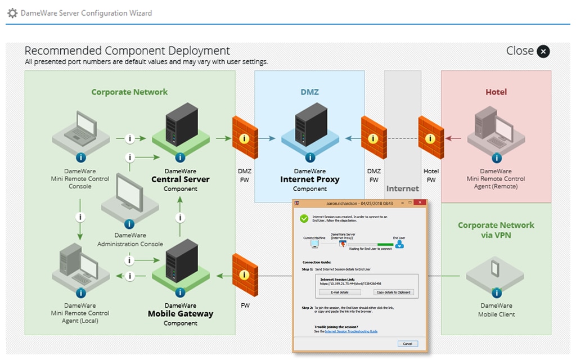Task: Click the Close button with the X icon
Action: click(543, 52)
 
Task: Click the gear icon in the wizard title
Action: click(12, 13)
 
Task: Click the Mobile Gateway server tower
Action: click(181, 260)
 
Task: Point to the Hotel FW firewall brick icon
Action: click(431, 137)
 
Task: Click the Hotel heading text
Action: click(496, 92)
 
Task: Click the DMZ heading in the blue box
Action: click(309, 92)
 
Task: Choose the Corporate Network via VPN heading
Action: click(496, 230)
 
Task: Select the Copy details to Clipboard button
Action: click(393, 292)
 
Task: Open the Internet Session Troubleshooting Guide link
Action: click(351, 332)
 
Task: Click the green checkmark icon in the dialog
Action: click(304, 218)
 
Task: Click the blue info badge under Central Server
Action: click(181, 157)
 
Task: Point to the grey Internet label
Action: click(402, 188)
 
